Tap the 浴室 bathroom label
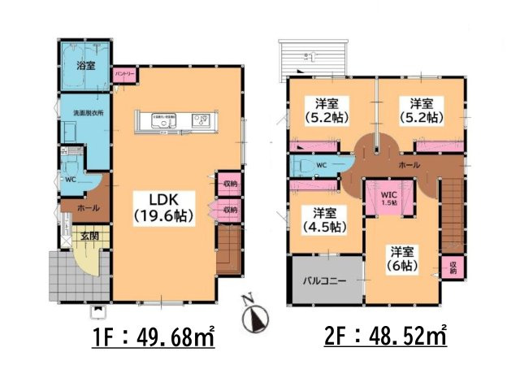coord(84,65)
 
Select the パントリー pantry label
coord(124,74)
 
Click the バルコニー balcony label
coord(326,280)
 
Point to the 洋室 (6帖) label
coord(402,259)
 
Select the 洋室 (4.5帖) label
coord(320,219)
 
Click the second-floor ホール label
coord(409,165)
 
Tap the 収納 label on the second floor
coord(453,267)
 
